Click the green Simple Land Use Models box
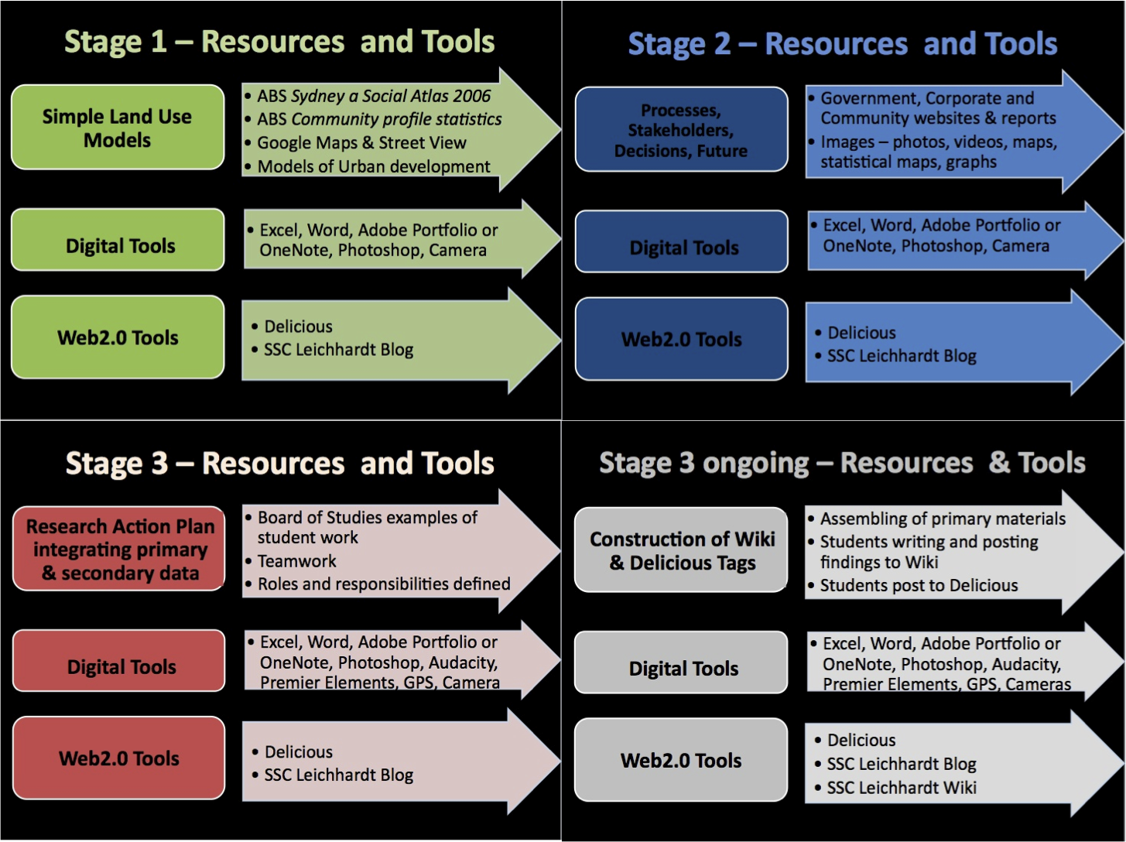click(118, 128)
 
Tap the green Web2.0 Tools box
click(118, 337)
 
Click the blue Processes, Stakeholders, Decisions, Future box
click(681, 130)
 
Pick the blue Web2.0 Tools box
click(681, 339)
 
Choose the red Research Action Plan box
click(119, 549)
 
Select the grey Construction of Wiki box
click(681, 550)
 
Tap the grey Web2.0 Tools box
click(681, 760)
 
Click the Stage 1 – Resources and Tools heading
click(279, 42)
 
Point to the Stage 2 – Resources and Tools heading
click(842, 44)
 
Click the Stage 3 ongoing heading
click(842, 463)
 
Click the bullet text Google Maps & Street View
click(361, 143)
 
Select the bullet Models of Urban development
click(373, 166)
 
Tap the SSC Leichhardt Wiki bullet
click(901, 788)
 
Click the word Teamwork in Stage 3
click(296, 561)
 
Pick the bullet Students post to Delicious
click(919, 586)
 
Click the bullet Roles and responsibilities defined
click(383, 584)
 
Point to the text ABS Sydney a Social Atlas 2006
click(373, 96)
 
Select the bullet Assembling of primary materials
click(942, 519)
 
